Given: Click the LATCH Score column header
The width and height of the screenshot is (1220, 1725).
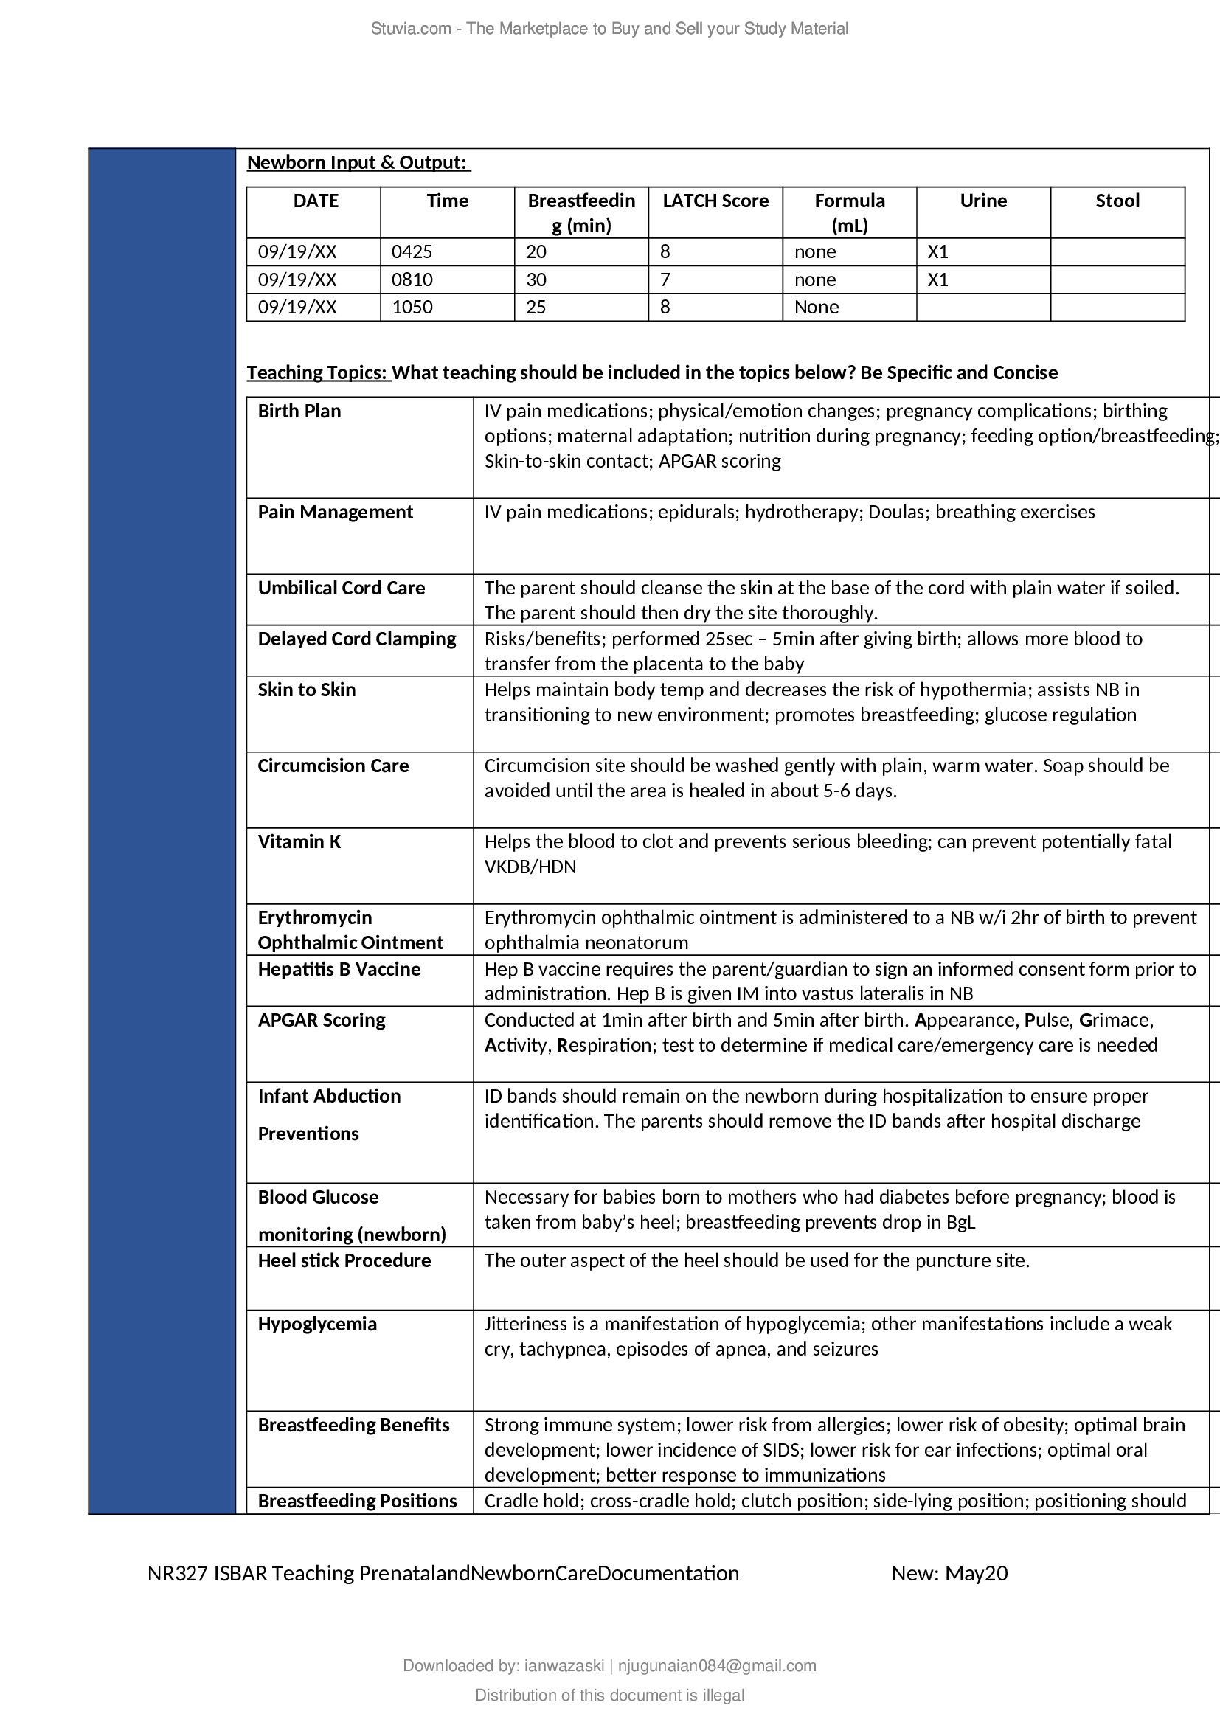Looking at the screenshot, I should click(x=715, y=201).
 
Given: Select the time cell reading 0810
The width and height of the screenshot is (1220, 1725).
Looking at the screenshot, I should click(x=412, y=280).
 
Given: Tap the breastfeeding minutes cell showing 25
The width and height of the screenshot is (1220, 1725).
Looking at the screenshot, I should click(x=536, y=307).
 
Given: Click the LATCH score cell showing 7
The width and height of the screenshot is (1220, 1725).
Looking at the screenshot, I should click(x=665, y=280).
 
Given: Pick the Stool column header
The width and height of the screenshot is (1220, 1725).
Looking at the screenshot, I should click(x=1117, y=201).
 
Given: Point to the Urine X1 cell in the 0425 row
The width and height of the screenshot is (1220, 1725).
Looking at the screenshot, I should click(x=937, y=251).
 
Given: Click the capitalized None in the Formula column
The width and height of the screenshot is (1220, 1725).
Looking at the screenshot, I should click(x=816, y=307).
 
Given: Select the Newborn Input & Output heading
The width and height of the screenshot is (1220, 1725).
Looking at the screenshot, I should click(x=358, y=162).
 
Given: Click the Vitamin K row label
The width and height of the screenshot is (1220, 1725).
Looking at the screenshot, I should click(x=299, y=841).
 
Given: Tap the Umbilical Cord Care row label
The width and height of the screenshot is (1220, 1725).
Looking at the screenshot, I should click(x=341, y=588).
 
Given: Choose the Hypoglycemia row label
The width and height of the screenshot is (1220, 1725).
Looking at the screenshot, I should click(x=317, y=1324).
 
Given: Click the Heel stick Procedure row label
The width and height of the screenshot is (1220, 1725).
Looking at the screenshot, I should click(x=344, y=1260).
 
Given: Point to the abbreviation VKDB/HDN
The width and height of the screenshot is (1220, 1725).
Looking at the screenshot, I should click(x=530, y=867).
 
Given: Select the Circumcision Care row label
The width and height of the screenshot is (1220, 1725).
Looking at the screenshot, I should click(x=333, y=766).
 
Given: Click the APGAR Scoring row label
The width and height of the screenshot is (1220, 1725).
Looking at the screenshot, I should click(x=322, y=1019).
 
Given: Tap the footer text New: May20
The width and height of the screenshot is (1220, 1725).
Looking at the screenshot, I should click(x=949, y=1573).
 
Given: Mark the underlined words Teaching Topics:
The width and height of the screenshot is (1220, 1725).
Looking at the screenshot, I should click(x=319, y=372).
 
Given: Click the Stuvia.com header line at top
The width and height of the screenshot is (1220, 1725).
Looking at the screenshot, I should click(x=609, y=29).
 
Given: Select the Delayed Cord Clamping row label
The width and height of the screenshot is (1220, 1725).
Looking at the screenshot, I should click(x=357, y=639).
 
